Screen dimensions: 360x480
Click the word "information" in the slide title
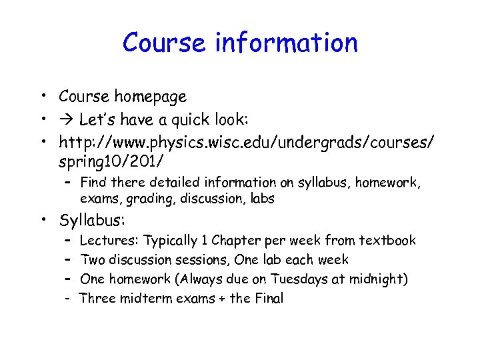pyautogui.click(x=287, y=43)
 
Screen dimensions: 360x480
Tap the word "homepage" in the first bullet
pyautogui.click(x=150, y=97)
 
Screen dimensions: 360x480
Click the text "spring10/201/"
pyautogui.click(x=111, y=162)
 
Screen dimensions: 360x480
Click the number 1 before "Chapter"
pyautogui.click(x=205, y=241)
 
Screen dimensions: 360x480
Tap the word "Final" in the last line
pyautogui.click(x=269, y=299)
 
